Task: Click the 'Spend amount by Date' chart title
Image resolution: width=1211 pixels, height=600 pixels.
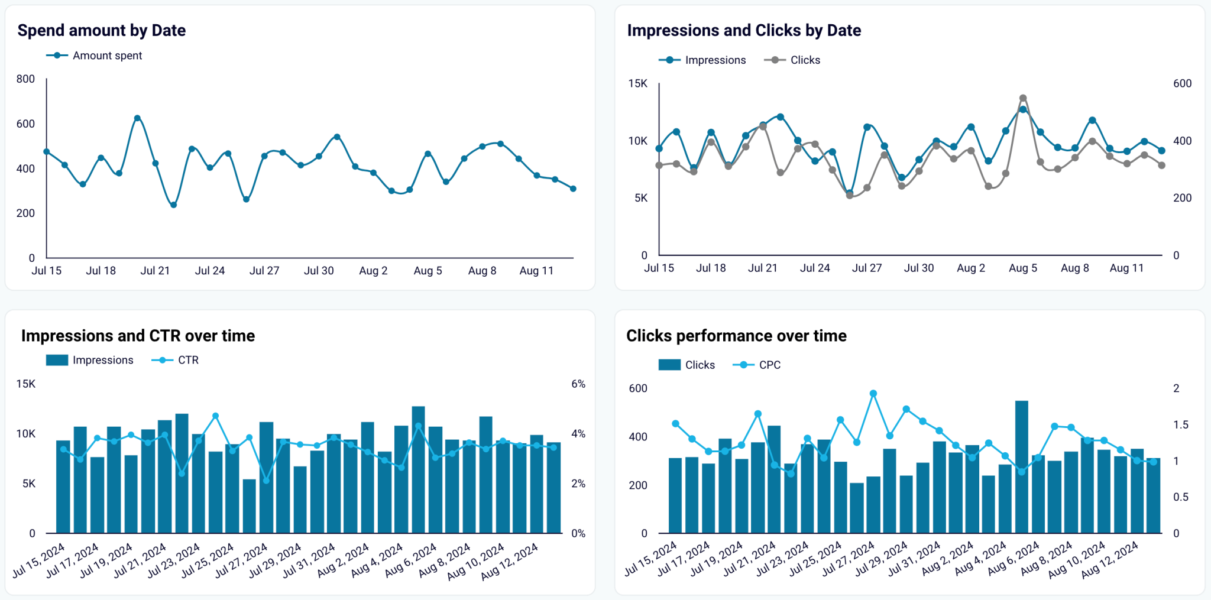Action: point(102,30)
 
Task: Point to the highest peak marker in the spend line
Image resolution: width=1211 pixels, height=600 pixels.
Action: point(137,118)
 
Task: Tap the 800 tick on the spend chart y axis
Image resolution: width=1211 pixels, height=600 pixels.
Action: point(25,79)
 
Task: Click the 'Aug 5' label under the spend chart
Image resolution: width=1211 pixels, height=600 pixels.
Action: point(428,271)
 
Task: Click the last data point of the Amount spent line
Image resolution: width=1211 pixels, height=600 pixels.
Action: point(573,189)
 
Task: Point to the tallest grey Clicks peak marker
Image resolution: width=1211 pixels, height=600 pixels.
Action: point(1023,99)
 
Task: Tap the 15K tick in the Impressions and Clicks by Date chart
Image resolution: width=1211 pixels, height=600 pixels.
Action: point(637,83)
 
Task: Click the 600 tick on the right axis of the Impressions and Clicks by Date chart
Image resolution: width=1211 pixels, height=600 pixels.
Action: point(1182,83)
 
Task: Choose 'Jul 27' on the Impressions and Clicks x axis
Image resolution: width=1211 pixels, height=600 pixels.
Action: point(866,268)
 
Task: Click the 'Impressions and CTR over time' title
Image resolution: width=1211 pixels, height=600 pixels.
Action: point(138,336)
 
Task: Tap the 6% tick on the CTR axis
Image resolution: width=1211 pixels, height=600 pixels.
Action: point(578,384)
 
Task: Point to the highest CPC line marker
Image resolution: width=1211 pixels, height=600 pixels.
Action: point(873,394)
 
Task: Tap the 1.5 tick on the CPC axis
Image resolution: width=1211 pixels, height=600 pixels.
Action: point(1180,425)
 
